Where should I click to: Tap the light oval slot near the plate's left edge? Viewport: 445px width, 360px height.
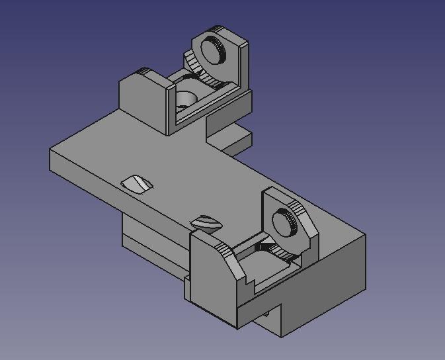pos(137,183)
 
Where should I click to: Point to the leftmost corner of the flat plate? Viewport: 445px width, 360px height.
pos(50,152)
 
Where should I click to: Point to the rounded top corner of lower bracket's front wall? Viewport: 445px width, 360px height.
pos(223,249)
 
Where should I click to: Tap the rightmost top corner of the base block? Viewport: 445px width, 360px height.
pos(364,234)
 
